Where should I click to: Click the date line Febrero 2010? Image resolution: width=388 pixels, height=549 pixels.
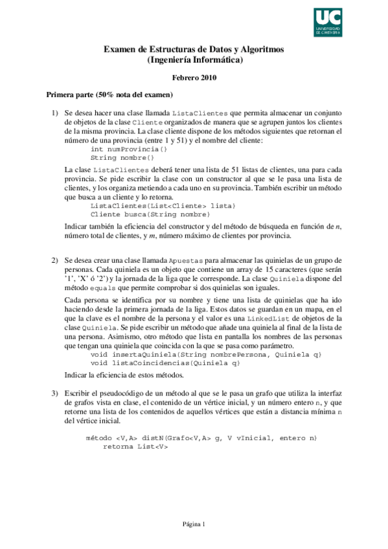(x=194, y=78)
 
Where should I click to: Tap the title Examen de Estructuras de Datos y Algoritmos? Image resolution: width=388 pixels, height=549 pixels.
(x=194, y=50)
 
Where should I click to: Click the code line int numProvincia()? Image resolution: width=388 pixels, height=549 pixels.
(x=129, y=148)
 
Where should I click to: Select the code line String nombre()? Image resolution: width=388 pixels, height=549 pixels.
(x=123, y=157)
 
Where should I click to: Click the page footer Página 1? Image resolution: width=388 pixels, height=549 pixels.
(x=194, y=524)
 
